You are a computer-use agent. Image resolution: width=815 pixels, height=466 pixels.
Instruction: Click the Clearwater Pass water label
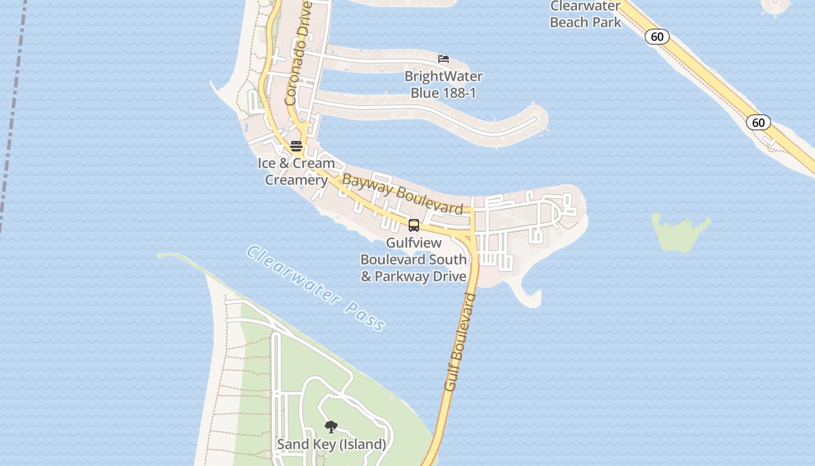click(x=315, y=288)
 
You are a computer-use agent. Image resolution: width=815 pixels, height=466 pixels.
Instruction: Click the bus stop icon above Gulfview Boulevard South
click(x=414, y=225)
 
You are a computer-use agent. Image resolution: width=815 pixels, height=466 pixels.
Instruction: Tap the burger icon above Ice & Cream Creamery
click(x=296, y=146)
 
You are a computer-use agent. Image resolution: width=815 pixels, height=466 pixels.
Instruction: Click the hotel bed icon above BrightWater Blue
click(x=444, y=59)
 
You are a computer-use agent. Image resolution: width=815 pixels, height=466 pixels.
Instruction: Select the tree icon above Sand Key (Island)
click(x=331, y=427)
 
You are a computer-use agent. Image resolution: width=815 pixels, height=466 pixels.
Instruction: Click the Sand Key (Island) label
click(x=331, y=444)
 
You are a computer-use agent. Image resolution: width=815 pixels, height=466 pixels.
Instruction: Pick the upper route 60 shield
click(x=657, y=37)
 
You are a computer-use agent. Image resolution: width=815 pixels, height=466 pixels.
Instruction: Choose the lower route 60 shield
click(x=758, y=122)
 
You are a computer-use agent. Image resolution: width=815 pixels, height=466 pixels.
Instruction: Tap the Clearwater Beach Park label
click(x=585, y=15)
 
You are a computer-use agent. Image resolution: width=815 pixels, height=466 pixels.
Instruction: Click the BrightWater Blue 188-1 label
click(x=444, y=84)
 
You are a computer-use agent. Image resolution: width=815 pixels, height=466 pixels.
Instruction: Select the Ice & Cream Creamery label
click(x=296, y=171)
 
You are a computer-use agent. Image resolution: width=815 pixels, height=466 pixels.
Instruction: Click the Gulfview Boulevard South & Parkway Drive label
click(x=414, y=259)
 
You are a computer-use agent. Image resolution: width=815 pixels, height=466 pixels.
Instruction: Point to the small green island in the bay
click(x=679, y=232)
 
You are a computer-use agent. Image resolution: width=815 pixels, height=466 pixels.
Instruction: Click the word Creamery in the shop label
click(x=296, y=180)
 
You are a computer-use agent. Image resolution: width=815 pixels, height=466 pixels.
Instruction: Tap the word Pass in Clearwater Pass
click(x=364, y=315)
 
